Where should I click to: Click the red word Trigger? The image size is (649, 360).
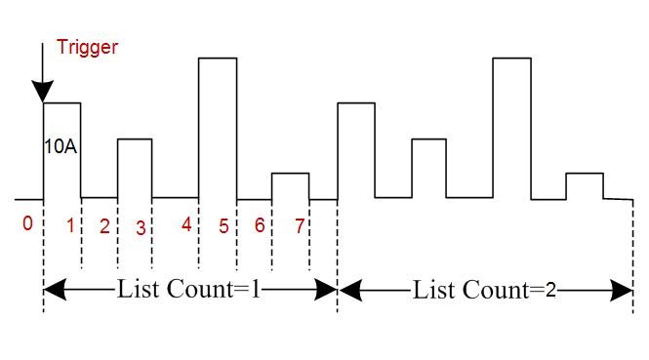tap(87, 48)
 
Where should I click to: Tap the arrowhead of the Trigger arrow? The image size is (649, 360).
tap(43, 91)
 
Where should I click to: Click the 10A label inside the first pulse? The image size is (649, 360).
tap(61, 147)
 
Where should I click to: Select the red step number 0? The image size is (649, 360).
tap(27, 223)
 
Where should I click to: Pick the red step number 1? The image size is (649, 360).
tap(70, 225)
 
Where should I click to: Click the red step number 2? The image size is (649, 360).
tap(104, 226)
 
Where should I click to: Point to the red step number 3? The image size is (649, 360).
tap(141, 228)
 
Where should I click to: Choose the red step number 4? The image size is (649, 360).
tap(186, 224)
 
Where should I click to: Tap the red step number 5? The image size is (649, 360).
tap(223, 226)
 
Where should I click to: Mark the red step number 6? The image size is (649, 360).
tap(260, 225)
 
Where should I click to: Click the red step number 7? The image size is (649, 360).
tap(300, 226)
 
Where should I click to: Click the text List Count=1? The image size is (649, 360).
tap(189, 289)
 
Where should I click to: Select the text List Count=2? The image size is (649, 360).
tap(484, 290)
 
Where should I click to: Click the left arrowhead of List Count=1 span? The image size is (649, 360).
tap(55, 289)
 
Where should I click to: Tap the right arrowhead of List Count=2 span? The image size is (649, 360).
tap(622, 290)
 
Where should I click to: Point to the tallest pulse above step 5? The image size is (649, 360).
tap(218, 58)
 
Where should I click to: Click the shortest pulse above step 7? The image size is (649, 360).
tap(290, 174)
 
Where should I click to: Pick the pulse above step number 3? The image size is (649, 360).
tap(135, 140)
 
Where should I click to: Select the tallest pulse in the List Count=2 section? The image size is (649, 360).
tap(512, 58)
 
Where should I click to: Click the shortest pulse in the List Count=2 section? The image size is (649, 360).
tap(585, 174)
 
